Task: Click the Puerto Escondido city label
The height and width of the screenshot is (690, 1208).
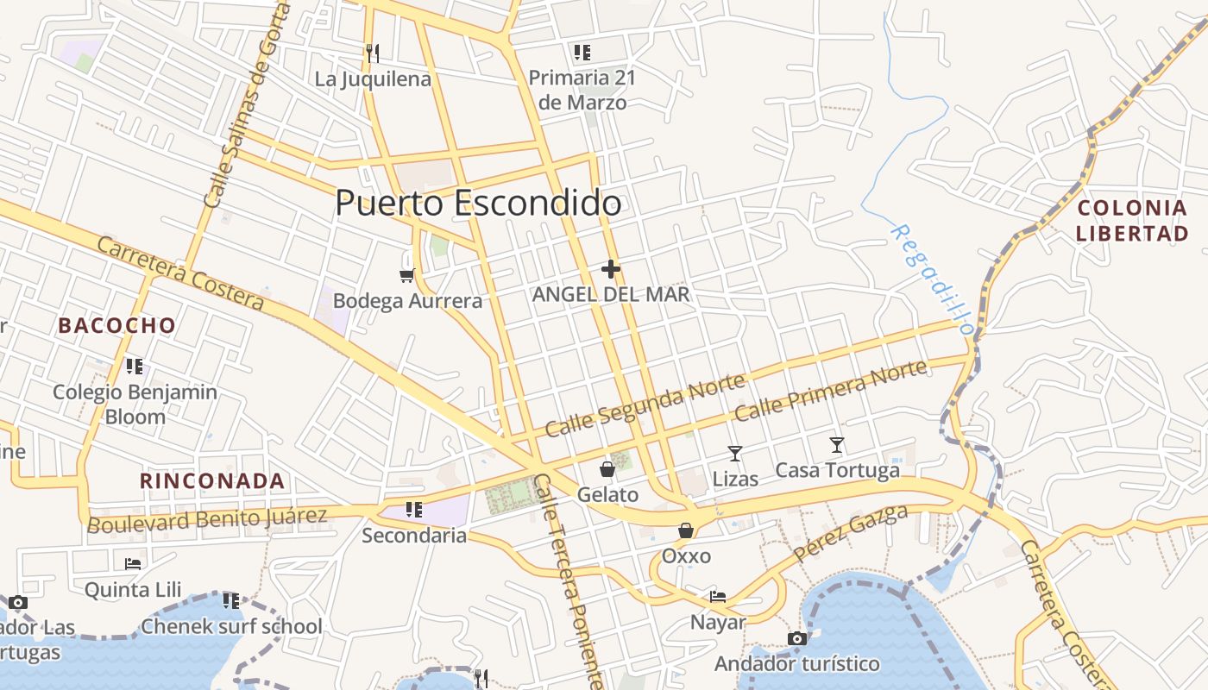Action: point(478,204)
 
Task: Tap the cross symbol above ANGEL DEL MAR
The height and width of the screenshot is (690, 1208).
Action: point(611,269)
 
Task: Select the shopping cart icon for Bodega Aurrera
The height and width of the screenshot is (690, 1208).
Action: point(407,275)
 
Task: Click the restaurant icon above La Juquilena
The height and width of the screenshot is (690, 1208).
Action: point(373,53)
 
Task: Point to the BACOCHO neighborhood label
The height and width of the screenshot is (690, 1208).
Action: point(116,326)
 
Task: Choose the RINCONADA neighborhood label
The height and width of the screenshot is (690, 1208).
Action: point(212,481)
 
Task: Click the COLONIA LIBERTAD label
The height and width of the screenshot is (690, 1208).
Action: point(1132,220)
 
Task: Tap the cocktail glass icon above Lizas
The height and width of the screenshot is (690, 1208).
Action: point(734,453)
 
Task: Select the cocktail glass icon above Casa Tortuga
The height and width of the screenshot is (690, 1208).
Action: point(836,445)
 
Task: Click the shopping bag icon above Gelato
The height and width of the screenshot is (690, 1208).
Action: point(607,469)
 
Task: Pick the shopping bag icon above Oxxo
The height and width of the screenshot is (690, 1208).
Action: point(686,530)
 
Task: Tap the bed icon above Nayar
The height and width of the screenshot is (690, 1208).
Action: point(717,596)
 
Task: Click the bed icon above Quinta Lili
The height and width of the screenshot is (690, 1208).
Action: point(133,563)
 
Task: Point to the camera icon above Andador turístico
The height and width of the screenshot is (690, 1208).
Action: point(797,638)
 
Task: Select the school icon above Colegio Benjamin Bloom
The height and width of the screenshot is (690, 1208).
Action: point(134,367)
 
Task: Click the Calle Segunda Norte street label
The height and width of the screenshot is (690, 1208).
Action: point(645,406)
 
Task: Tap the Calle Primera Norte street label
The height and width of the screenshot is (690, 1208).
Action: point(831,391)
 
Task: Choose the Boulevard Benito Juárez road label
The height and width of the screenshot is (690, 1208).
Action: point(207,520)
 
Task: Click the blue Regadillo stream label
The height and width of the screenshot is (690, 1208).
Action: point(932,279)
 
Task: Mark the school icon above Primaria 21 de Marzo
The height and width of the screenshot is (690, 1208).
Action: point(582,53)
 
